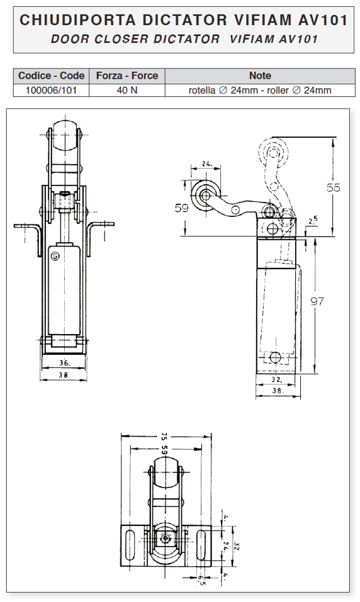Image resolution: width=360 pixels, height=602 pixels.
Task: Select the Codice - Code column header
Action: pyautogui.click(x=51, y=75)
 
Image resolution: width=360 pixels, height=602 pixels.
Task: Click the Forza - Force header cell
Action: pyautogui.click(x=127, y=75)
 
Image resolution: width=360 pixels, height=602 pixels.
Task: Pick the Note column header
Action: pyautogui.click(x=260, y=75)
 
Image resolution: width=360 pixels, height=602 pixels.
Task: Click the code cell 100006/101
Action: pyautogui.click(x=51, y=90)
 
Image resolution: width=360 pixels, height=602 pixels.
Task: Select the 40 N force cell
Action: pyautogui.click(x=127, y=90)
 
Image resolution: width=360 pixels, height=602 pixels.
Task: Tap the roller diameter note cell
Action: pyautogui.click(x=260, y=90)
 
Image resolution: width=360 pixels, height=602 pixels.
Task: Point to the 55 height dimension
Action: pyautogui.click(x=333, y=187)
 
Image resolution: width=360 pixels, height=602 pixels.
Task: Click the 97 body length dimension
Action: pyautogui.click(x=317, y=301)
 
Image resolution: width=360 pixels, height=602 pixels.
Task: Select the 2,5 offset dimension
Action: pyautogui.click(x=313, y=221)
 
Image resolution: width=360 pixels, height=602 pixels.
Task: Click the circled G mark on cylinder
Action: pyautogui.click(x=55, y=257)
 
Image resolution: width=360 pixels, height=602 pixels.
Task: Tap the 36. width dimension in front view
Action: pyautogui.click(x=65, y=362)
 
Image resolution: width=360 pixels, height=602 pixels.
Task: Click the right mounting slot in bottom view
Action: pyautogui.click(x=201, y=547)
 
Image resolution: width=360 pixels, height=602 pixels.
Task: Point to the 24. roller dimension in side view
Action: pyautogui.click(x=207, y=164)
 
